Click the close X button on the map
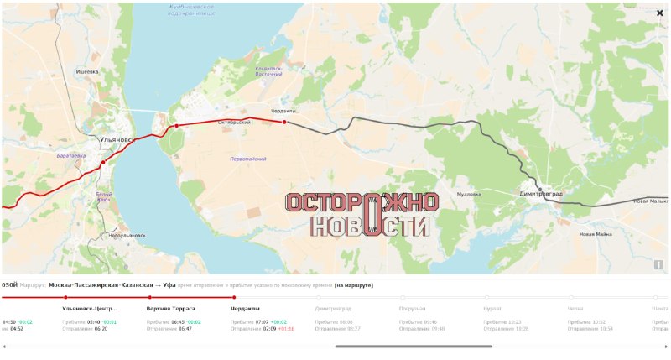[x=659, y=13]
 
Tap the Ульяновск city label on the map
[x=114, y=140]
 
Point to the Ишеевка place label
[x=87, y=72]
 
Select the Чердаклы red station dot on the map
[x=284, y=122]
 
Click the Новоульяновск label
[x=127, y=236]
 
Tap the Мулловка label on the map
[x=469, y=194]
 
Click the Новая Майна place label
[x=596, y=234]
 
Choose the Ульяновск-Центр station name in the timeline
[x=90, y=308]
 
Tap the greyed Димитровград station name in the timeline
[x=333, y=308]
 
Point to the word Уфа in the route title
[x=169, y=285]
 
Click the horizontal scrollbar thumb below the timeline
[x=413, y=346]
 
